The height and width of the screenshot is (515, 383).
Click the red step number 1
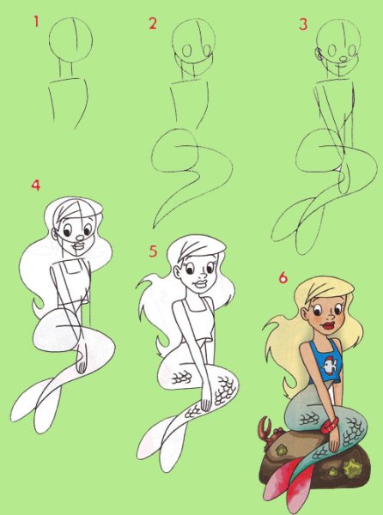[36, 21]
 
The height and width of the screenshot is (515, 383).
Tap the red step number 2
[153, 24]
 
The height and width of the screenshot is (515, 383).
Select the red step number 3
[303, 24]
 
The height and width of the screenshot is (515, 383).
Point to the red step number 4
[36, 185]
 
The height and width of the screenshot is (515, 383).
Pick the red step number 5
[153, 251]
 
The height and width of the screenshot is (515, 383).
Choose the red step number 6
[283, 277]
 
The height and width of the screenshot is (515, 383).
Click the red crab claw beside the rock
[264, 427]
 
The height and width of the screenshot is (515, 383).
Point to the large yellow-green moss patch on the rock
[352, 468]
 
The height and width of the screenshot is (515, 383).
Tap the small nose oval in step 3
[343, 59]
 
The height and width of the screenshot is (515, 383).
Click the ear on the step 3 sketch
[318, 53]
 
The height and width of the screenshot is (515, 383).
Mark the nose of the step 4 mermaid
[80, 238]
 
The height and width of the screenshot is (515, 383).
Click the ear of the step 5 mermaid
[177, 273]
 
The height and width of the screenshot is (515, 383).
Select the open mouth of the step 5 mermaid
[201, 283]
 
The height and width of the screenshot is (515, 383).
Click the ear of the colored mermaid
[305, 315]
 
